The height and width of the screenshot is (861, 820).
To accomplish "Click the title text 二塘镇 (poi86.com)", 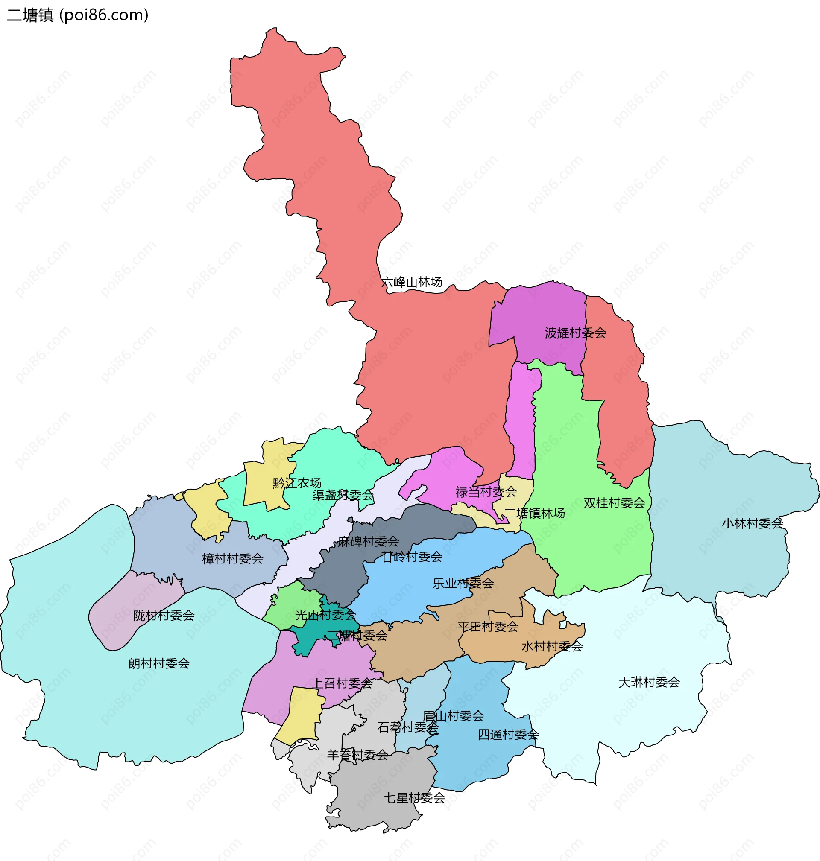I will (x=78, y=15).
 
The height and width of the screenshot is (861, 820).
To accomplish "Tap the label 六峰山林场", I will (x=411, y=282).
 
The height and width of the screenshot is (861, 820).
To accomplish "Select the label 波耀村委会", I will (x=575, y=333).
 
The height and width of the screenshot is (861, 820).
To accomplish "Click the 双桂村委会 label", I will (x=614, y=503).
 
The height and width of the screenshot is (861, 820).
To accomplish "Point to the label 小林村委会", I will (x=752, y=523).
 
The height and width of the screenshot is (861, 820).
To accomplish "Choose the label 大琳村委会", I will (x=649, y=682).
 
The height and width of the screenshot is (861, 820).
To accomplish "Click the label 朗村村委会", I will (x=159, y=663).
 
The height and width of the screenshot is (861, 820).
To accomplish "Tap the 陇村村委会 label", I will (x=164, y=616).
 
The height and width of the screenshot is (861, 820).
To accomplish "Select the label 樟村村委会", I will (x=232, y=559).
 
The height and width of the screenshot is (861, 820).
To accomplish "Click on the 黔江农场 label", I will (x=297, y=483).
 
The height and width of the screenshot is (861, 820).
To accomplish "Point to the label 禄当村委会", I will (x=486, y=492).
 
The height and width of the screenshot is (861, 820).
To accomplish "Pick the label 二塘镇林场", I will (x=535, y=513).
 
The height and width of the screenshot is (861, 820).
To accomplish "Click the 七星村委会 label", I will (x=414, y=798).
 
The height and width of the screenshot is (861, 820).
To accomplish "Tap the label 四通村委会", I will (x=508, y=734).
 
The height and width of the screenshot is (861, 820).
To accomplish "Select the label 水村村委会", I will (x=552, y=646).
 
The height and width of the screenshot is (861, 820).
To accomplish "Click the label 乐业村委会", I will (x=463, y=583).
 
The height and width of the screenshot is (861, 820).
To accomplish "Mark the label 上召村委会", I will (x=343, y=683).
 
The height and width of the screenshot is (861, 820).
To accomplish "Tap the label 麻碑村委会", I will (x=369, y=542).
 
